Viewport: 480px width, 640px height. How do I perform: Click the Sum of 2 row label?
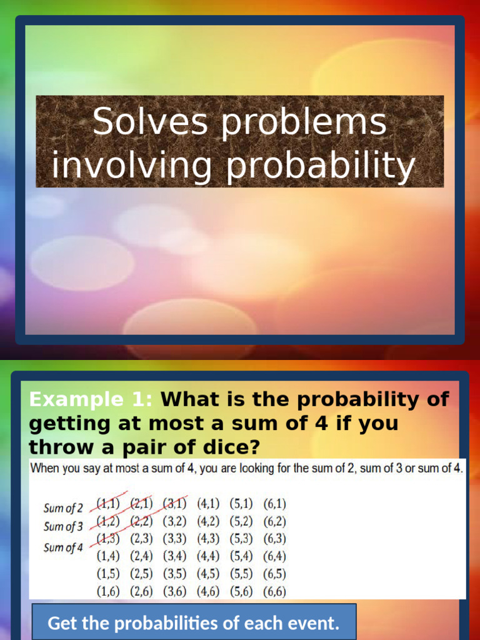point(63,508)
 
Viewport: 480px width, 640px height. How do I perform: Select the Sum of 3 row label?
point(63,526)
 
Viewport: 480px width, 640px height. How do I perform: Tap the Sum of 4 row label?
point(63,547)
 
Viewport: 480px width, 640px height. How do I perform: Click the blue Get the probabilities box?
point(194,622)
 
